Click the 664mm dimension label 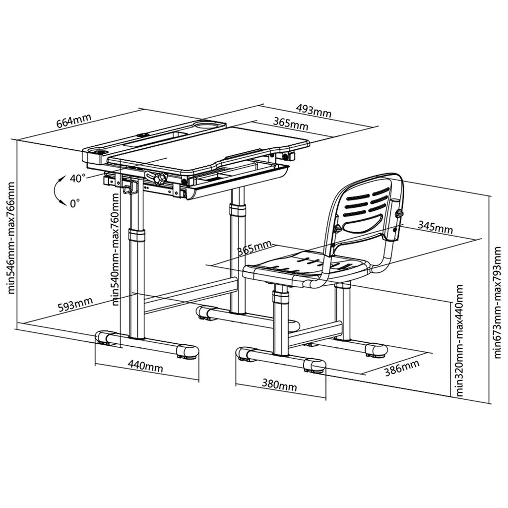click(74, 121)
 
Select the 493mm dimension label click(314, 111)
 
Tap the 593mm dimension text click(75, 305)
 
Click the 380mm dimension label click(279, 384)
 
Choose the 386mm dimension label click(402, 368)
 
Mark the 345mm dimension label click(435, 227)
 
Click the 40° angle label click(78, 178)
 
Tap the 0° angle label click(75, 203)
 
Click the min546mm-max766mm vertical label click(11, 238)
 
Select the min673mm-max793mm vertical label click(497, 303)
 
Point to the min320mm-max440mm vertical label click(459, 340)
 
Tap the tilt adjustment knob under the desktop click(159, 178)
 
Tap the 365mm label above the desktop click(291, 124)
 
